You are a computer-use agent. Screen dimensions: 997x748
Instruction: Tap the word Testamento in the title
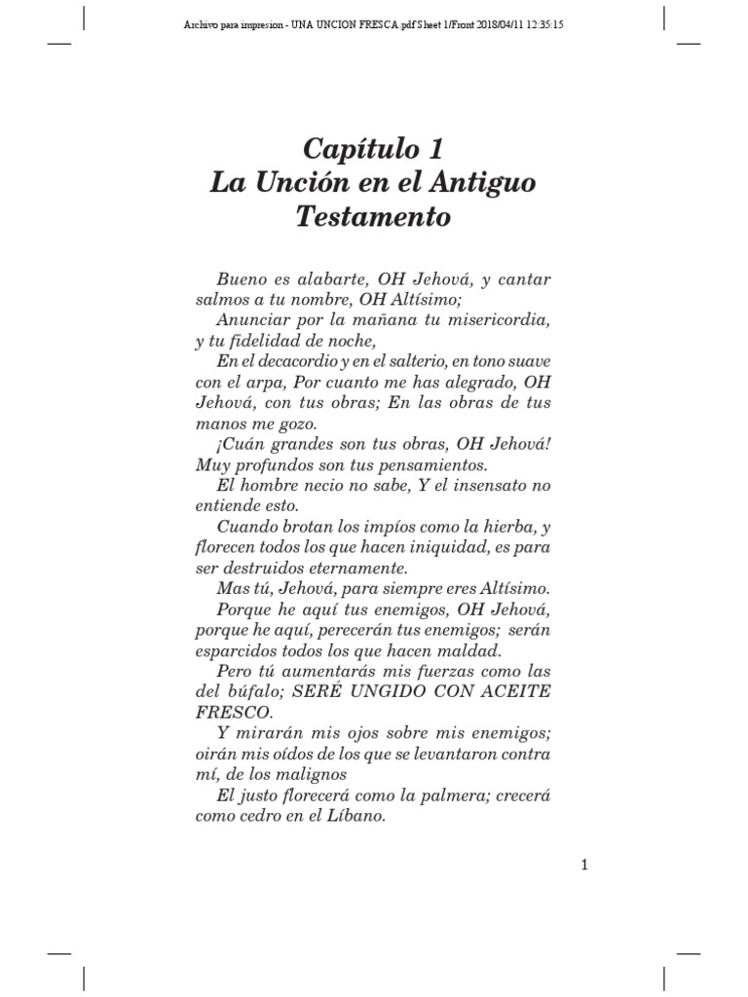coord(373,216)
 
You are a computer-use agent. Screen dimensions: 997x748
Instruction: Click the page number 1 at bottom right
coord(584,864)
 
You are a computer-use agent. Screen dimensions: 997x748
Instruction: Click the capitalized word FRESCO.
coord(226,712)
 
